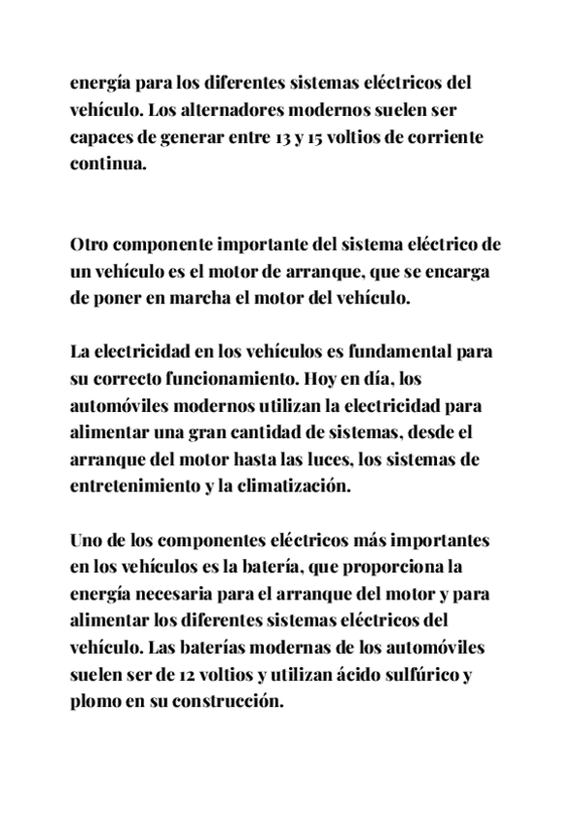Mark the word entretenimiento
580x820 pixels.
point(134,487)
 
